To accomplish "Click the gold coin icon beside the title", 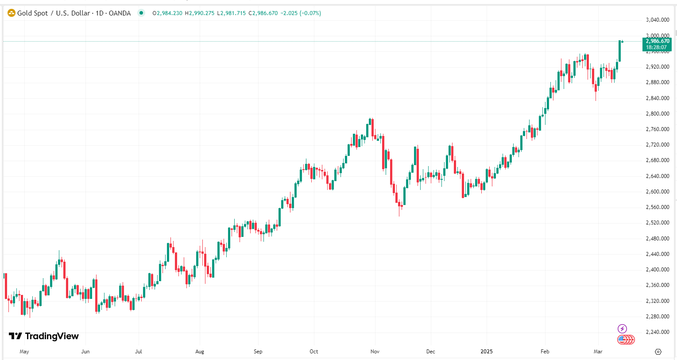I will tap(12, 13).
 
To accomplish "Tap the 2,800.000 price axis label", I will tap(657, 114).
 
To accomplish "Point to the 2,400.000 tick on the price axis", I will tap(657, 270).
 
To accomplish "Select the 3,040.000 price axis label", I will tap(657, 20).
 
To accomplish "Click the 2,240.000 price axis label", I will tap(657, 332).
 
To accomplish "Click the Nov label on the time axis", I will tap(375, 352).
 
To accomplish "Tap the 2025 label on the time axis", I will tap(487, 352).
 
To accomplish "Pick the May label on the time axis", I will tap(24, 352).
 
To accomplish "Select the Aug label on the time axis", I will tap(200, 352).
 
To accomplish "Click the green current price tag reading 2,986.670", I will tap(658, 41).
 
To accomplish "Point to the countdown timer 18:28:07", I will tap(656, 47).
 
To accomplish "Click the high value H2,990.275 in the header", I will tap(200, 13).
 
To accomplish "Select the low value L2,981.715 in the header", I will tap(231, 13).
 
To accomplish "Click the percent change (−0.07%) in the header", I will tap(310, 13).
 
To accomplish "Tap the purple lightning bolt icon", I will tap(622, 329).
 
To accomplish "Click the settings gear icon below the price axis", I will tap(658, 352).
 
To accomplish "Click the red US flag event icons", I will tap(626, 340).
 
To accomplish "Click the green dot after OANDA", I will tap(141, 13).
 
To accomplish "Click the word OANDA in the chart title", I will tap(120, 13).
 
